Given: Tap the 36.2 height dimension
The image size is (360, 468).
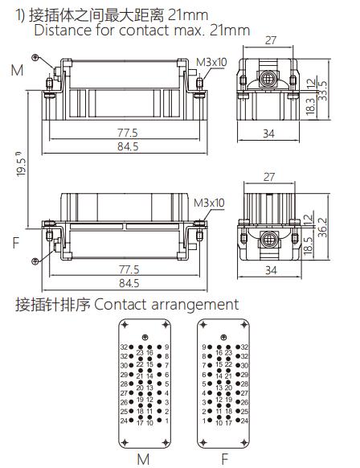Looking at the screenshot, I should [322, 228].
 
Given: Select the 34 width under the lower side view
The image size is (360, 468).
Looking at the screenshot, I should [270, 272].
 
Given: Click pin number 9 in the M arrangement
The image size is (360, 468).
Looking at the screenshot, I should [167, 347].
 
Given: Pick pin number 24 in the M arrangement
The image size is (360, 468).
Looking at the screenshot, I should [124, 421].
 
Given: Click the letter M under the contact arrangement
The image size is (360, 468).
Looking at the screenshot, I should [143, 459].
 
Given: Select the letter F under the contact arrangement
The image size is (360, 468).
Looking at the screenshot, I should [224, 459].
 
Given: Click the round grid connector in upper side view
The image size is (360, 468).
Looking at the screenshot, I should [270, 80].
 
